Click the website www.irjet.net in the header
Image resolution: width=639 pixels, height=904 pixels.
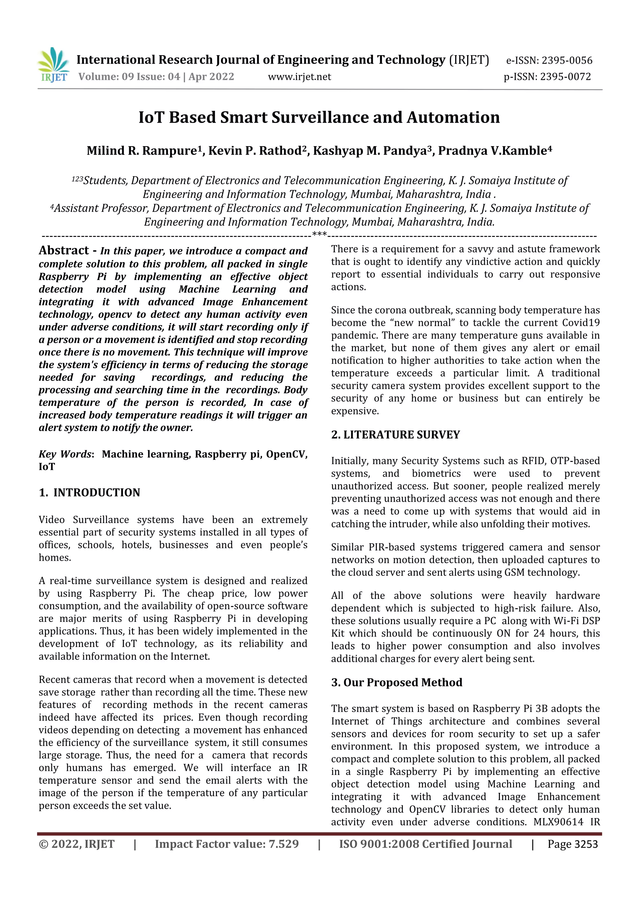coord(299,77)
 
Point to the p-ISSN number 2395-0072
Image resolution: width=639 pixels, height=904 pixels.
coord(565,77)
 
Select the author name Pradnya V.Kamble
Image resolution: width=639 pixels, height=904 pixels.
coord(492,151)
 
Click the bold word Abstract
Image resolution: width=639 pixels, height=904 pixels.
coord(64,250)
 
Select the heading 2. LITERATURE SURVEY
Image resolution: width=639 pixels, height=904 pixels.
coord(395,435)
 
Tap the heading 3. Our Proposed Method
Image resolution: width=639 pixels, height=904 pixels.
coord(397,682)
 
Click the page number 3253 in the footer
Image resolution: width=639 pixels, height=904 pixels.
coord(586,844)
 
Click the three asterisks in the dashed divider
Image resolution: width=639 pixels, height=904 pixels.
coord(319,235)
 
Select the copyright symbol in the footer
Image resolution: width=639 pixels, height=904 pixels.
coord(43,844)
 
